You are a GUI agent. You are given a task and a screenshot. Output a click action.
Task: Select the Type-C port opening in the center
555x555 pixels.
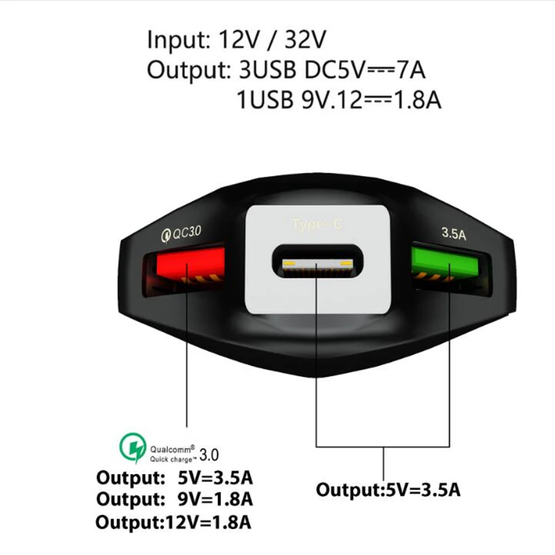click(316, 263)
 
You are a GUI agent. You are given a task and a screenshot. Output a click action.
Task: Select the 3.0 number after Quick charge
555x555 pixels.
click(209, 456)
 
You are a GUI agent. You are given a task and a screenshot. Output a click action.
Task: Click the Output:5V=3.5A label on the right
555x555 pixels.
click(389, 490)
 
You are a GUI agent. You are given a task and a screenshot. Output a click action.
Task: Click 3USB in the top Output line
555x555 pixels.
click(267, 70)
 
